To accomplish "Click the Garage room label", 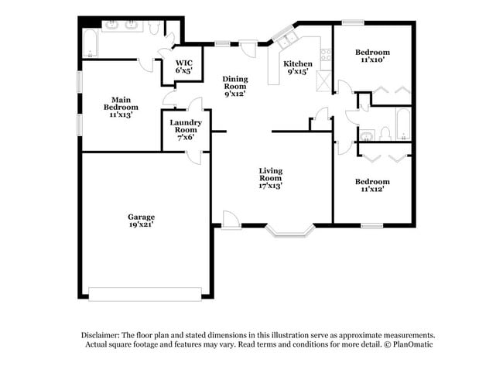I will pyautogui.click(x=142, y=217).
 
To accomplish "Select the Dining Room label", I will pyautogui.click(x=234, y=79).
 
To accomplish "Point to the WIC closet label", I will pyautogui.click(x=183, y=63).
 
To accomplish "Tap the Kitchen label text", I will pyautogui.click(x=297, y=63).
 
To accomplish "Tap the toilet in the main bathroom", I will pyautogui.click(x=155, y=28).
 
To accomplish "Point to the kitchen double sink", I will pyautogui.click(x=289, y=39).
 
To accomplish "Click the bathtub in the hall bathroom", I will pyautogui.click(x=402, y=123).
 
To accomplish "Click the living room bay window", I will pyautogui.click(x=289, y=229).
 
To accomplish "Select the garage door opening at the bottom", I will pyautogui.click(x=145, y=292).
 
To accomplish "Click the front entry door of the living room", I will pyautogui.click(x=231, y=221).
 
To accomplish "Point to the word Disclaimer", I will pyautogui.click(x=104, y=334).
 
